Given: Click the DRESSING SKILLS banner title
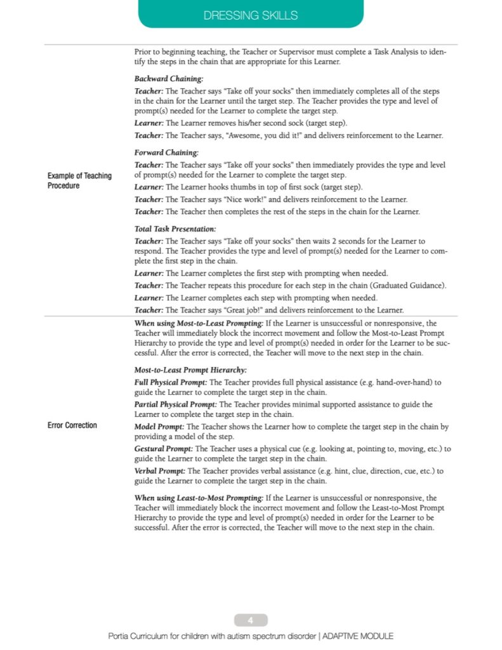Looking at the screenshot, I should tap(251, 15).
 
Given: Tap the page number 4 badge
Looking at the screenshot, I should tap(251, 620).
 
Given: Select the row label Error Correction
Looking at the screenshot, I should tap(72, 425).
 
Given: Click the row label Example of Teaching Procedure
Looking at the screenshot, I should tap(79, 181).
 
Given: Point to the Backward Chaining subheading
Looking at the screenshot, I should tap(169, 79).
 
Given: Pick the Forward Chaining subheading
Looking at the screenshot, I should tap(167, 152).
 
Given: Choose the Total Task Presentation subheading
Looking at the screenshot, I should tap(175, 229).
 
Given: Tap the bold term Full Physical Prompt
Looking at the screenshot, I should tap(171, 383).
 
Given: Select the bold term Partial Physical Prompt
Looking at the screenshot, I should tap(176, 404).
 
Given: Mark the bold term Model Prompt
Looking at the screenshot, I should tap(159, 427).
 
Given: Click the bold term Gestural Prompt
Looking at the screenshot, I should tap(164, 449).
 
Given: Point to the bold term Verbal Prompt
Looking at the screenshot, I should tap(160, 471).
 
